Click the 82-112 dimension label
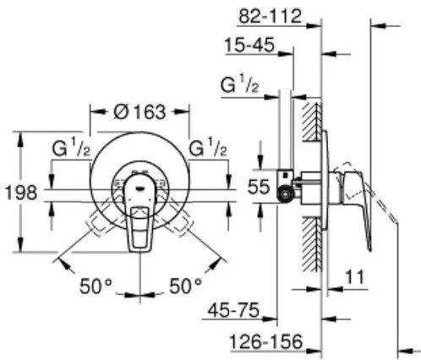(x=270, y=16)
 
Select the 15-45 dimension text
(x=249, y=45)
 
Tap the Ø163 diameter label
(x=139, y=112)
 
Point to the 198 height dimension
(x=21, y=193)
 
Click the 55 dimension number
(x=259, y=187)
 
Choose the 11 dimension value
(x=355, y=277)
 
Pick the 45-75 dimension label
(x=233, y=310)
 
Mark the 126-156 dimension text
(x=266, y=341)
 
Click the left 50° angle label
(x=96, y=286)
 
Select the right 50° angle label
(x=185, y=286)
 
